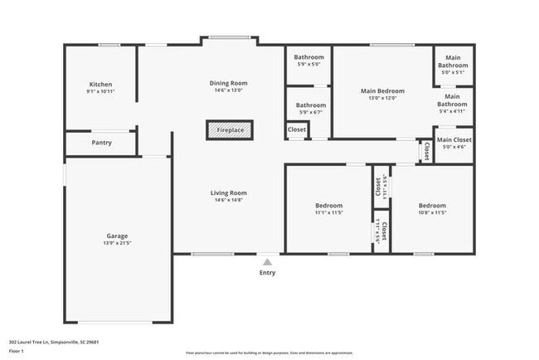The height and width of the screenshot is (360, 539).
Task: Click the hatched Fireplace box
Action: pyautogui.click(x=230, y=130)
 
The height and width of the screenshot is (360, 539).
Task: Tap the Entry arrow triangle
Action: pyautogui.click(x=267, y=262)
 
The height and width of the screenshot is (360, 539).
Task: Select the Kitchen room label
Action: pyautogui.click(x=100, y=85)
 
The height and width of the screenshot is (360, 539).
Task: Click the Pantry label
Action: pyautogui.click(x=101, y=143)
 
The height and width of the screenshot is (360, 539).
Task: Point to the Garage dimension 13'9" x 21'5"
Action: pyautogui.click(x=116, y=243)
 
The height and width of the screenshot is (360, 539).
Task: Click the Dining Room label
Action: pyautogui.click(x=228, y=83)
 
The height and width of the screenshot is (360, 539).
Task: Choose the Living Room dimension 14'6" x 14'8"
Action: pyautogui.click(x=228, y=200)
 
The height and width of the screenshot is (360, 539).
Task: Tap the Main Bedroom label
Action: pyautogui.click(x=382, y=90)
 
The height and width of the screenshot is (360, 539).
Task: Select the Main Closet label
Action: pyautogui.click(x=454, y=140)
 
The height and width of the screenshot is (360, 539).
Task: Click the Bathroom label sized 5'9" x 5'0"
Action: pyautogui.click(x=310, y=57)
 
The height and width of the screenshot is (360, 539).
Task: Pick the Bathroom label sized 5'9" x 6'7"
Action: pyautogui.click(x=310, y=105)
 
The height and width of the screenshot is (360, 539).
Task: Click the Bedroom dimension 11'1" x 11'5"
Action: pyautogui.click(x=328, y=212)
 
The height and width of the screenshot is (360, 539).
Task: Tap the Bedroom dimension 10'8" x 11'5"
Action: pyautogui.click(x=431, y=212)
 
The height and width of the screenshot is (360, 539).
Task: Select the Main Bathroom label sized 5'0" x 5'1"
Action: pyautogui.click(x=453, y=61)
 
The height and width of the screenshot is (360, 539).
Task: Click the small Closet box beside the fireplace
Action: pyautogui.click(x=297, y=130)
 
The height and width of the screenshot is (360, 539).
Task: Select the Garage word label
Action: pyautogui.click(x=116, y=236)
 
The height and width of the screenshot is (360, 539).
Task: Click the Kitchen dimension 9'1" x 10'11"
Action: pyautogui.click(x=100, y=92)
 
